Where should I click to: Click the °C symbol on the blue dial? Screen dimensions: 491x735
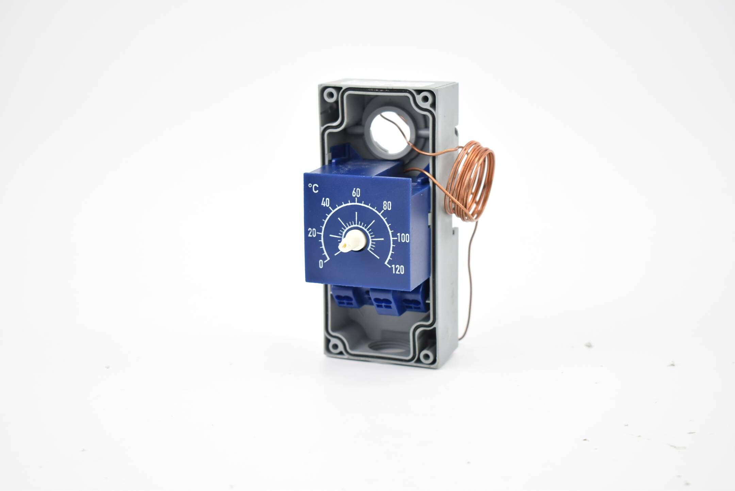[313, 188]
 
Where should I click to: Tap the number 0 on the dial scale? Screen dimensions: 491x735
[321, 264]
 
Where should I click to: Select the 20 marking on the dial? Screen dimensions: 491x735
[312, 233]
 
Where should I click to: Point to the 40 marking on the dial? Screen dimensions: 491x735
[325, 203]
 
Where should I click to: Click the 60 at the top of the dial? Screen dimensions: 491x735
[356, 192]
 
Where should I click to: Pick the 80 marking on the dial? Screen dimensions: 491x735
[387, 206]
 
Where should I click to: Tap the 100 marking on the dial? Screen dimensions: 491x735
[403, 238]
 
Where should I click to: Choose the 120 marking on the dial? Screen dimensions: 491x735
[398, 270]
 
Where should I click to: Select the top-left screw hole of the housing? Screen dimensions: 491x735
[329, 95]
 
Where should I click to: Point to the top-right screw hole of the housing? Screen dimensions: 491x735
[425, 99]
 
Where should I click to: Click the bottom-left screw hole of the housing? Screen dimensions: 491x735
[335, 347]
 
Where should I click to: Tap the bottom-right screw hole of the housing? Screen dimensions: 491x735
[426, 357]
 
